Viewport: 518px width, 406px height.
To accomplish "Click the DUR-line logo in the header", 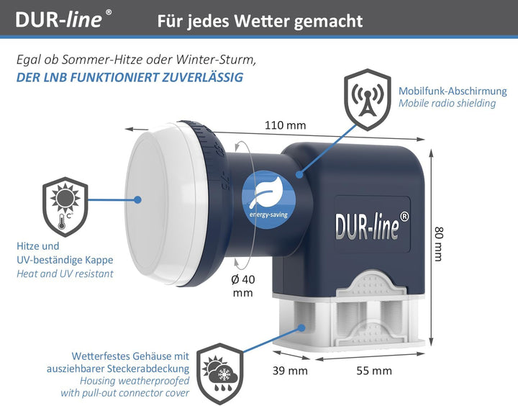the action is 63,19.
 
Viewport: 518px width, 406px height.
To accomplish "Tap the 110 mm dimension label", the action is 286,125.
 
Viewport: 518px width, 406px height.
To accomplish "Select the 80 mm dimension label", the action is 438,243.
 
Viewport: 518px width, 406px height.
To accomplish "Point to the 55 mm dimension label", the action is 374,371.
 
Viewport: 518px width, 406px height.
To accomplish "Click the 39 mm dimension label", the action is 290,371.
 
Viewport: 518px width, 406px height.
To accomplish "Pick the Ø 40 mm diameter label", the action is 243,286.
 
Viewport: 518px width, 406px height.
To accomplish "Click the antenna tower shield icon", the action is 368,99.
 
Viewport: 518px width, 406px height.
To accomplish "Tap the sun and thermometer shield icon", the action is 65,207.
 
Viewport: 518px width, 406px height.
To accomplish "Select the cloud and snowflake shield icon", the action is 220,374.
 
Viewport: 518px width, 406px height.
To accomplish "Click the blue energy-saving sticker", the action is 268,199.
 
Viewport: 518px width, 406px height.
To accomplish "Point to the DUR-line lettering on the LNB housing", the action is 372,225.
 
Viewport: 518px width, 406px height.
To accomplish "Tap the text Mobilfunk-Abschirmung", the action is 453,91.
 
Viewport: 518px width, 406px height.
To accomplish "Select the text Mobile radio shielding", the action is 447,103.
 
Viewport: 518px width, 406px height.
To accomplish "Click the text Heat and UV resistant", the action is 65,274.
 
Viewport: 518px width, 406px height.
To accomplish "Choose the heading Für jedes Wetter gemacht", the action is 260,20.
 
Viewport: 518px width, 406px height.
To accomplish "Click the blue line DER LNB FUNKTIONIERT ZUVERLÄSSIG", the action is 129,77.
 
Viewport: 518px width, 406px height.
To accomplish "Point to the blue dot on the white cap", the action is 138,199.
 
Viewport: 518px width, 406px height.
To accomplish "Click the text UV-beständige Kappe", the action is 65,260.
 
